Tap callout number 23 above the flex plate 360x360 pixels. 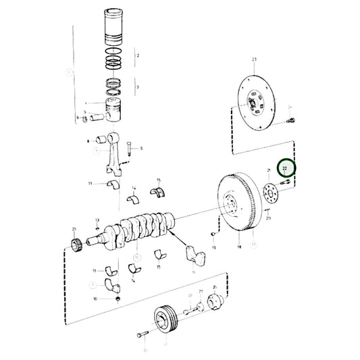coord(254,61)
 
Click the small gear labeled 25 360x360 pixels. coord(76,243)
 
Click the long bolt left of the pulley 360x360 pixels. coord(142,335)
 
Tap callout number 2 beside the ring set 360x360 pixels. coord(138,55)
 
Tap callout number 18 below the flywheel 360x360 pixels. coord(239,248)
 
